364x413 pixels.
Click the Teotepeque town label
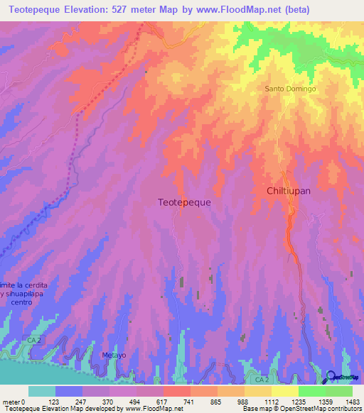point(183,202)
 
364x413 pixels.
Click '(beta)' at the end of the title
point(341,9)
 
